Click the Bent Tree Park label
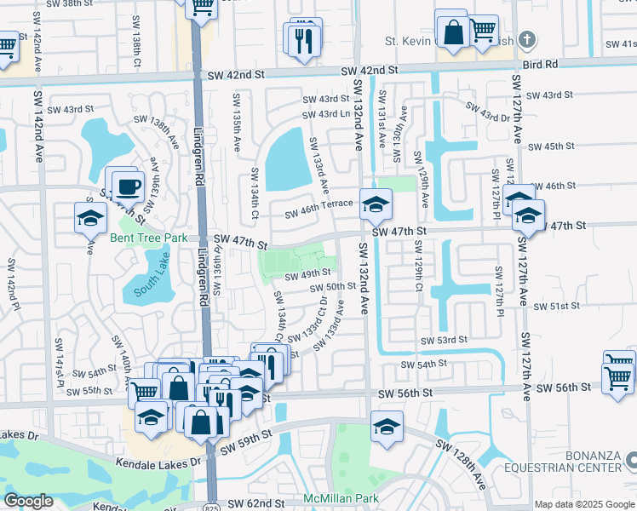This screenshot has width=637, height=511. coord(148,238)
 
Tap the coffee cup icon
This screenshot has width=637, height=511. coord(128,185)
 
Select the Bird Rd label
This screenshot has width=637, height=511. coord(540,64)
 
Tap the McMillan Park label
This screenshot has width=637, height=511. coord(340,497)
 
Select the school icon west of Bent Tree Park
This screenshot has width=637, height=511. coord(90,218)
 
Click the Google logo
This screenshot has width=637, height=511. coord(29,500)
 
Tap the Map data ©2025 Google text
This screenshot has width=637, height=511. coord(583,504)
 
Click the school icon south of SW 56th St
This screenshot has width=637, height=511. coord(386,425)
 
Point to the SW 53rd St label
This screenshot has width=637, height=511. coord(445,340)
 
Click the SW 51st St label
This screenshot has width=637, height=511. coord(556,306)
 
